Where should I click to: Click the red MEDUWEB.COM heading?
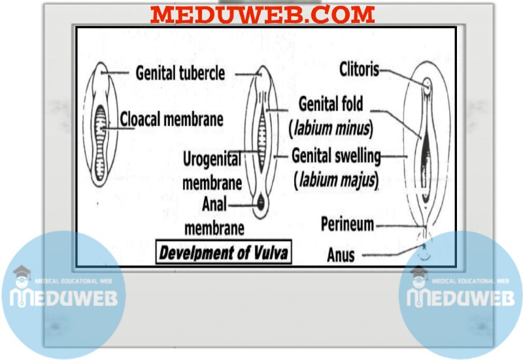coord(263,14)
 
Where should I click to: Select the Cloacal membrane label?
coord(171,120)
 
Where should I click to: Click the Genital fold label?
coord(331,104)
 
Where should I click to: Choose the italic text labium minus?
coord(331,129)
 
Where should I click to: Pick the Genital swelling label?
coord(336,156)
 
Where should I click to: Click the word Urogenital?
coord(211,158)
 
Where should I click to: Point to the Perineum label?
coord(347,225)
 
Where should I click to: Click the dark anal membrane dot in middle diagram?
coord(261,203)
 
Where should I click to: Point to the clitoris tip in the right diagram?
coord(426,85)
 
